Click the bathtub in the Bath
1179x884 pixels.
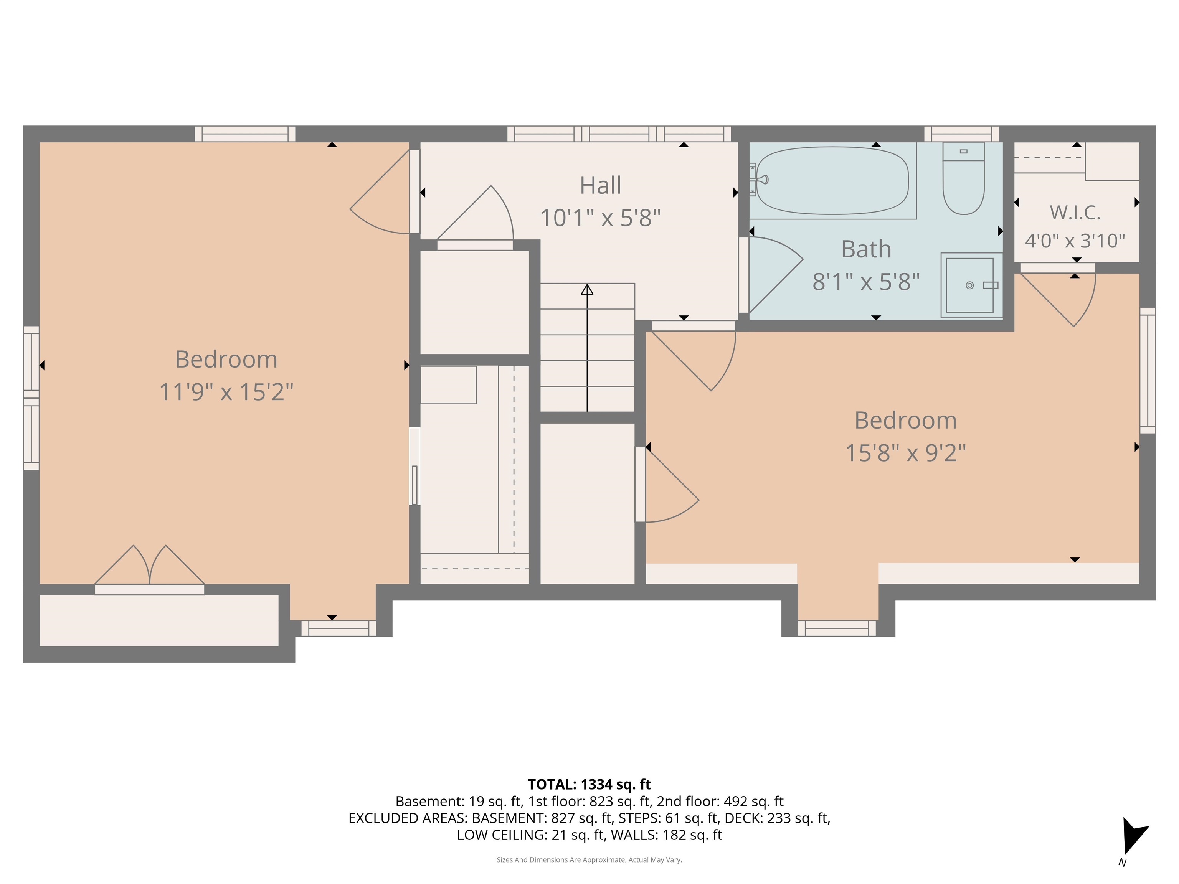(x=832, y=181)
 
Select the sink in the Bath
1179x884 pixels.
(x=969, y=285)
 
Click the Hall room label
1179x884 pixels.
(x=600, y=185)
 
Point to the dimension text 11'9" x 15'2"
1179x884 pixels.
(x=226, y=392)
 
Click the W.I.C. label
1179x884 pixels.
(x=1075, y=213)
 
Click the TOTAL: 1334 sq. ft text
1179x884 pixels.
(x=589, y=784)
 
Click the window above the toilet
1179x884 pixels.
(x=961, y=134)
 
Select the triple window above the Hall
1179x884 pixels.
(x=619, y=134)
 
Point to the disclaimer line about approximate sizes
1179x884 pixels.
(x=589, y=859)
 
